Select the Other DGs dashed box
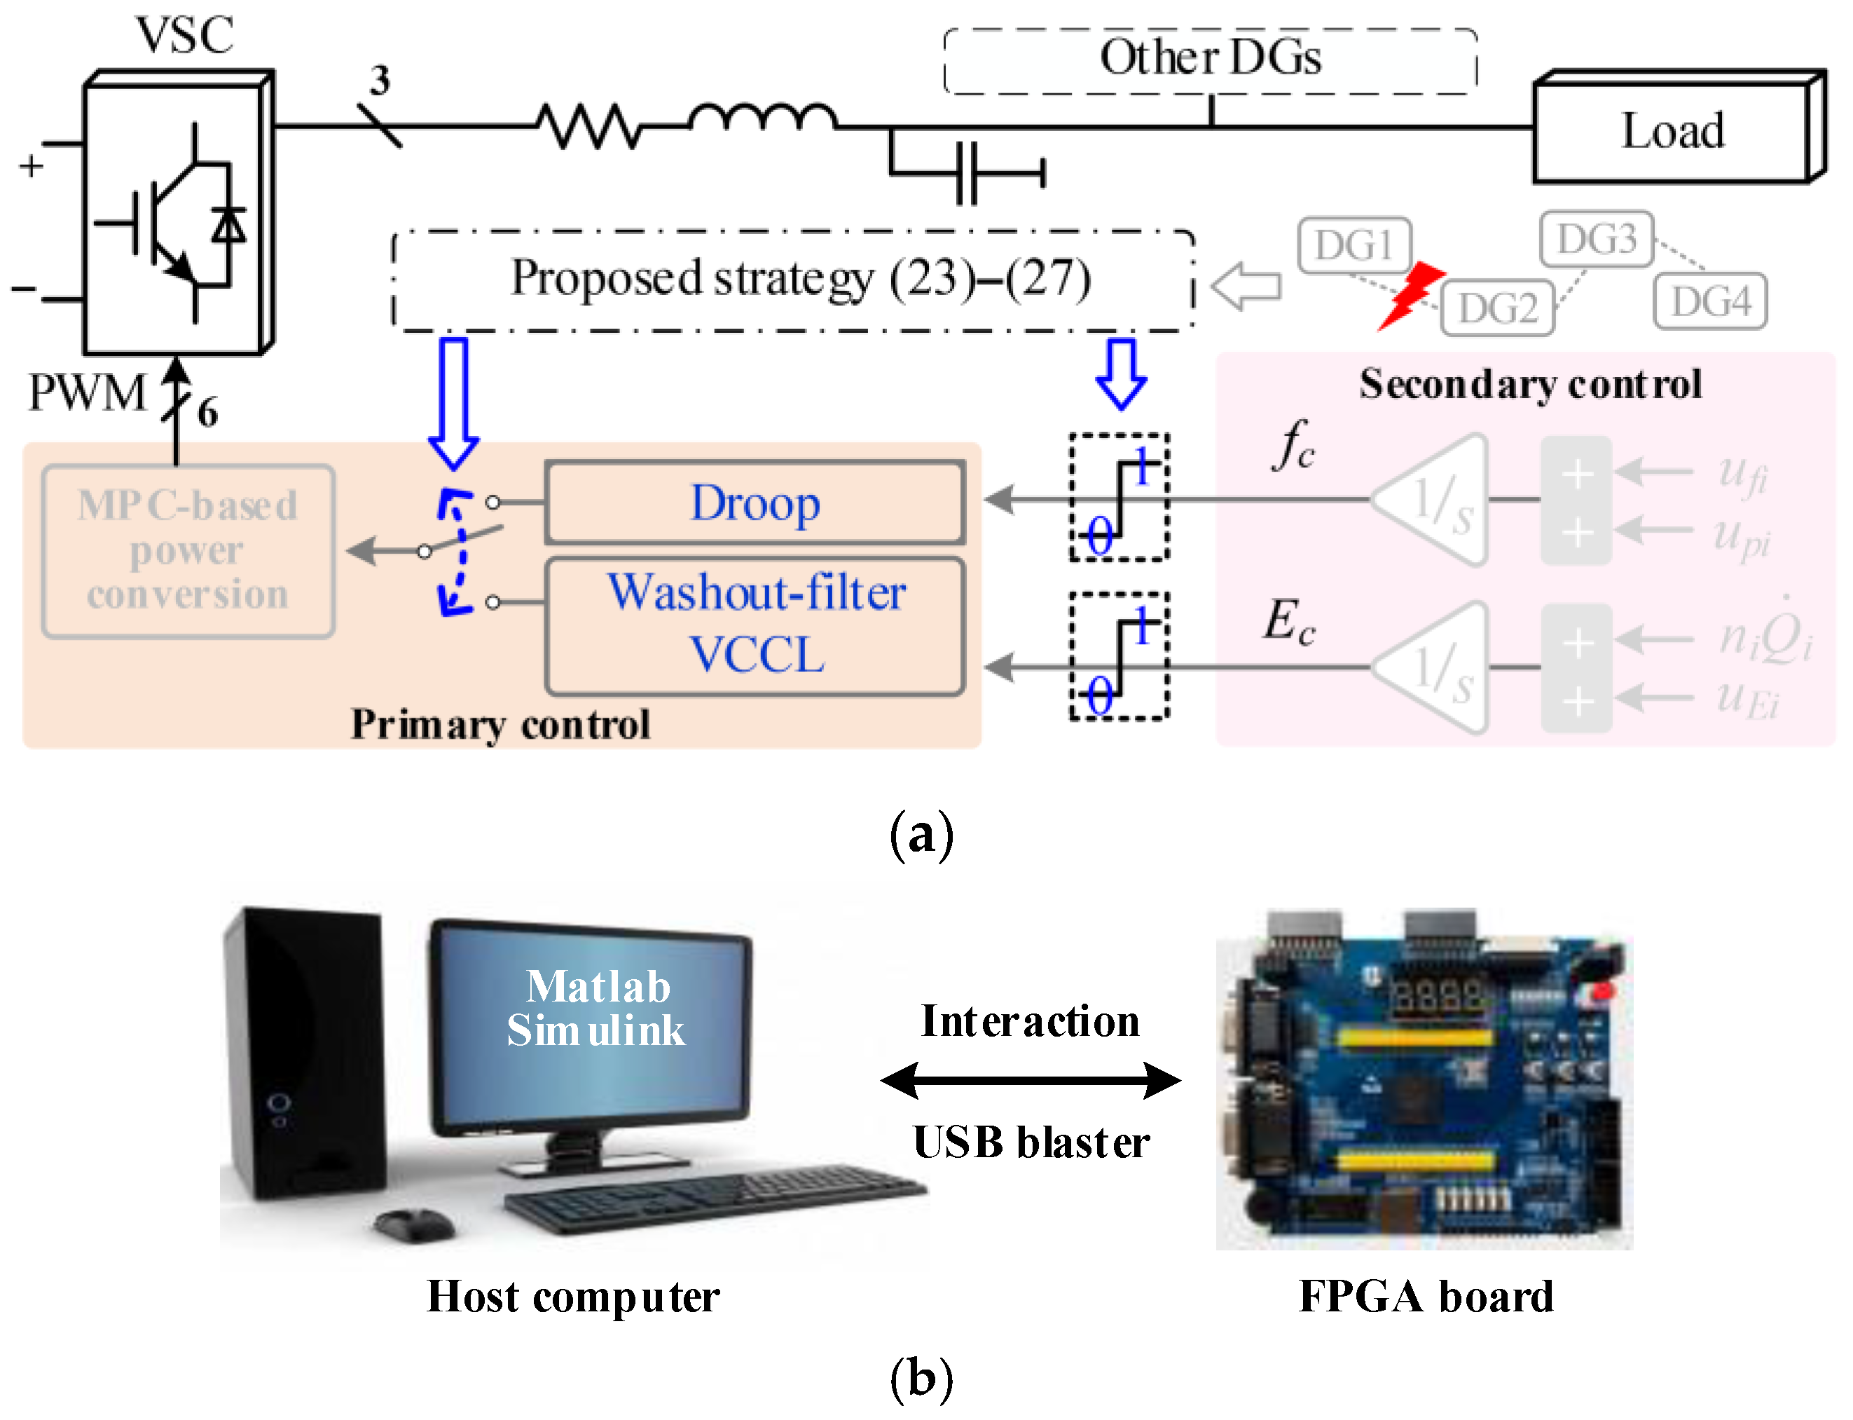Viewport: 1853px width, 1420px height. pos(1209,59)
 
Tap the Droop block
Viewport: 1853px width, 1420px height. pos(755,503)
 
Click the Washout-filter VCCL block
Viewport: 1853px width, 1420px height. pos(755,625)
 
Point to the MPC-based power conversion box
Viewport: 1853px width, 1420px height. pos(188,550)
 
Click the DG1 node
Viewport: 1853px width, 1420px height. pos(1353,246)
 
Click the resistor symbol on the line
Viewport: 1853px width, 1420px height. pos(589,127)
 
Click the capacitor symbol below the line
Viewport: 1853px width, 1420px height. pos(967,173)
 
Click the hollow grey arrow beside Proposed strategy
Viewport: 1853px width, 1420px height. pos(1246,286)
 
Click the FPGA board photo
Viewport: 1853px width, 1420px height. pos(1423,1079)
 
